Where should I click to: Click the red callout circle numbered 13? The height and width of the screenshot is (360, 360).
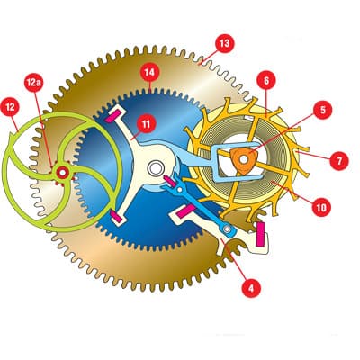pos(224,44)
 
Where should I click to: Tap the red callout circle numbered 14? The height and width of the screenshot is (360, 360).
pos(149,72)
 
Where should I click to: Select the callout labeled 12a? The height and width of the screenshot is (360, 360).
pos(33,83)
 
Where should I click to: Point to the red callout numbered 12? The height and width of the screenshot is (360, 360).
pos(10,107)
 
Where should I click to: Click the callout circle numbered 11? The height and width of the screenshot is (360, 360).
pos(146,124)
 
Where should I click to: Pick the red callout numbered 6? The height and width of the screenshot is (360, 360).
pos(266,80)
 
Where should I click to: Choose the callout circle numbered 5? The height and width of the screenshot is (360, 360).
pos(323,110)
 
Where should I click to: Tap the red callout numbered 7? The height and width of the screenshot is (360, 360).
pos(339,161)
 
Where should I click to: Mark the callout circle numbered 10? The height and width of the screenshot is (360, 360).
pos(321,207)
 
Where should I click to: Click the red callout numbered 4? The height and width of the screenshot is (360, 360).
pos(251,288)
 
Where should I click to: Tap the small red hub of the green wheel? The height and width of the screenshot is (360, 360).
pos(63,173)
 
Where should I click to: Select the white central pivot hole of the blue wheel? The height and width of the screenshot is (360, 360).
pos(155,168)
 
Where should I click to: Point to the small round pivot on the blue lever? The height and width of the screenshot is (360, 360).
pos(227,229)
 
